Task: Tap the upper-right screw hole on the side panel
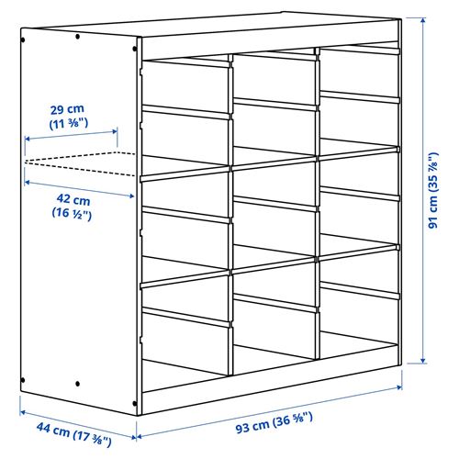point(80,37)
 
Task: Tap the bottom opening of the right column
point(358,340)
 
